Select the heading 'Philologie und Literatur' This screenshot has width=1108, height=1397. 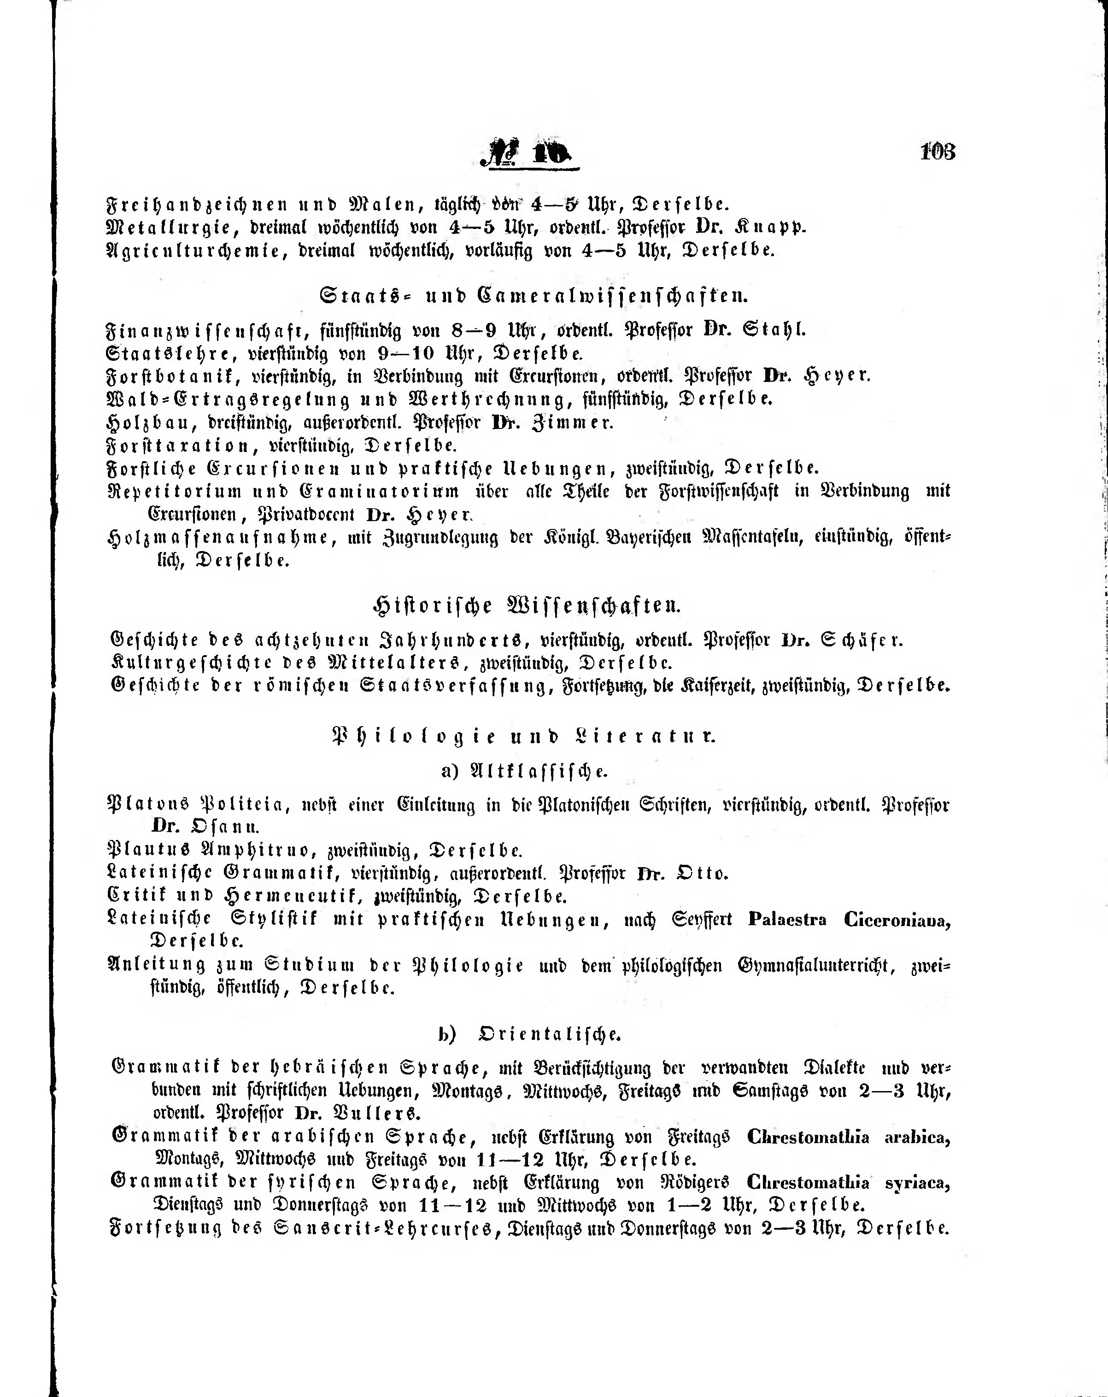(x=523, y=737)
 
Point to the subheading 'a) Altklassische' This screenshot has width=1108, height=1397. (x=524, y=771)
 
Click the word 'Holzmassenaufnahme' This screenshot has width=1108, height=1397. (x=218, y=538)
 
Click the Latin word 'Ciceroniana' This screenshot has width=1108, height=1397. (x=897, y=920)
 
